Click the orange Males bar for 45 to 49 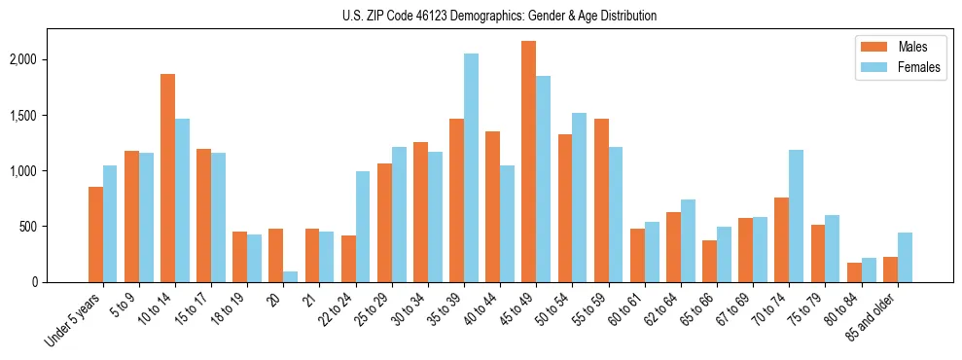pos(529,162)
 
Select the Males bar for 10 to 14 pos(167,178)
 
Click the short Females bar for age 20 pos(291,276)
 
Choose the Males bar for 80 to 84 pos(854,272)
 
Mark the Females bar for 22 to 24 pos(363,227)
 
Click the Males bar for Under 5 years pos(95,234)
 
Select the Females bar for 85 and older pos(905,258)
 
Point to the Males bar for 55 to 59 pos(601,200)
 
